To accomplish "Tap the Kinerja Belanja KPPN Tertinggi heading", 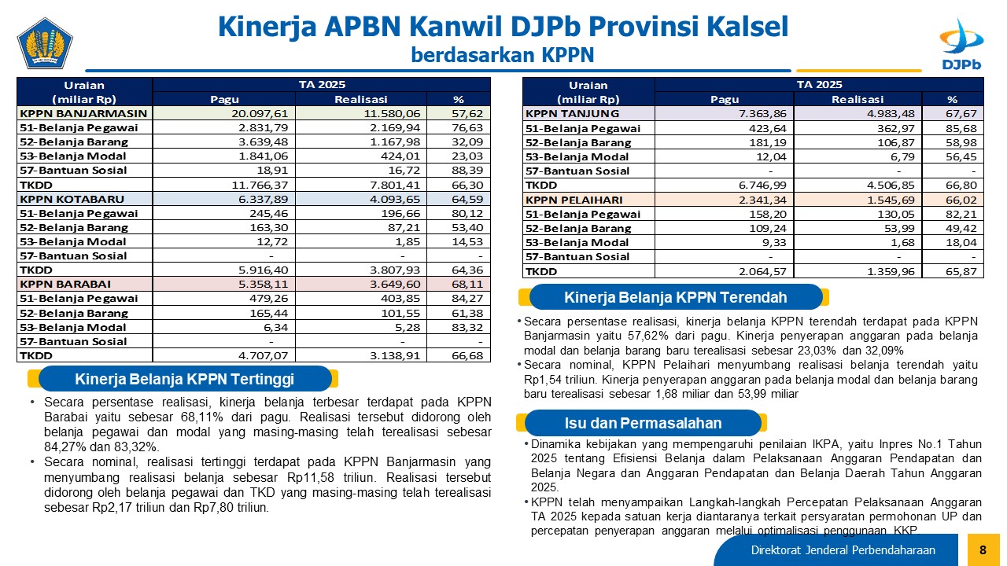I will pos(184,380).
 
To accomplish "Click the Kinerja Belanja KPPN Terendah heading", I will pos(675,297).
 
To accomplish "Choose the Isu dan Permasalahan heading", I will pos(643,423).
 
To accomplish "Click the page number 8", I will pos(983,550).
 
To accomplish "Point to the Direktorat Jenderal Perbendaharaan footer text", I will pos(843,550).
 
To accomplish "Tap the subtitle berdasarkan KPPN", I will pos(502,55).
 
